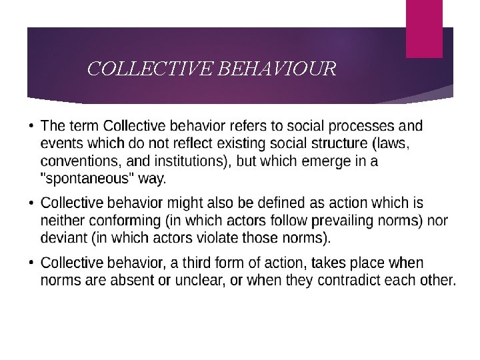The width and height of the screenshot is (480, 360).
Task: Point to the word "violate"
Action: [205, 238]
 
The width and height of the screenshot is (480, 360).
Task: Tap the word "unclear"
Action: [199, 281]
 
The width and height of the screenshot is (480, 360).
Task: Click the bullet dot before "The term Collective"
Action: [32, 126]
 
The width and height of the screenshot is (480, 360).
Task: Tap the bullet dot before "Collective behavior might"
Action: [32, 203]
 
